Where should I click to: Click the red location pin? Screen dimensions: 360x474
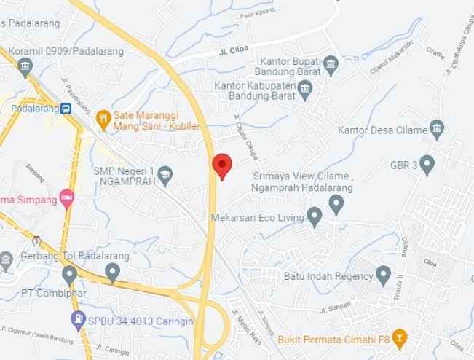coord(222,165)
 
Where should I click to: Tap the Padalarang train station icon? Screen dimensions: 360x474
coord(66,109)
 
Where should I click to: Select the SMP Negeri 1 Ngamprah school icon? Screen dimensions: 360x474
coord(166,173)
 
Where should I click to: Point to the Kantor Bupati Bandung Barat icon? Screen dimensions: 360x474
coord(332,64)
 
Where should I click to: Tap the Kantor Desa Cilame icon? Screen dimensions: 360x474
coord(437,131)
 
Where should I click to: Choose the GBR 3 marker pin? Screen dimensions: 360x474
coord(427,164)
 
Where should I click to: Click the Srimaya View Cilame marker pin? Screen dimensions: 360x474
coord(336,205)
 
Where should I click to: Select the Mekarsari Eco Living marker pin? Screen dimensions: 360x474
coord(315,216)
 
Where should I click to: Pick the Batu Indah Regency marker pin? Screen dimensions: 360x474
coord(384,275)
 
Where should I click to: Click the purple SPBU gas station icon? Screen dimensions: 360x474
coord(78,318)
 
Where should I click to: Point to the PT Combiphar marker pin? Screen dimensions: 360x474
coord(69,275)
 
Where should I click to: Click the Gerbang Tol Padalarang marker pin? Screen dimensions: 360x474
coord(112,273)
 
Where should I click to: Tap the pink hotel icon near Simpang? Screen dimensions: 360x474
coord(67,197)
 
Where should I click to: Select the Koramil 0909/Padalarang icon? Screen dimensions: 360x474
coord(25,68)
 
